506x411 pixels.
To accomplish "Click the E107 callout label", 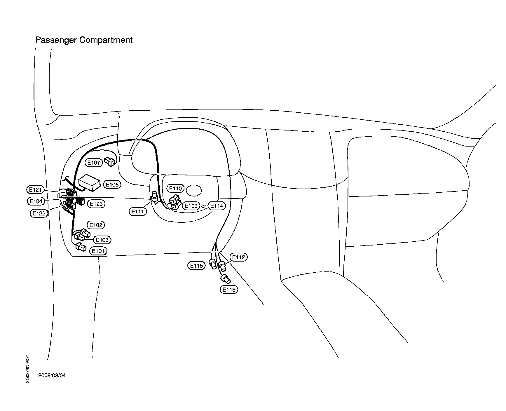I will click(94, 163).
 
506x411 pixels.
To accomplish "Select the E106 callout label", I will click(112, 184).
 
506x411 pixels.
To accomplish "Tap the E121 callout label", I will click(36, 190).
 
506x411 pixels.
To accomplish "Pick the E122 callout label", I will click(39, 213).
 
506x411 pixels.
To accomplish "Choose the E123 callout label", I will click(96, 203).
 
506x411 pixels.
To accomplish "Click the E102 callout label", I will click(96, 225).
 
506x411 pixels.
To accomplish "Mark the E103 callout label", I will click(102, 240).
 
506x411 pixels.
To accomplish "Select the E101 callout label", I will click(98, 251).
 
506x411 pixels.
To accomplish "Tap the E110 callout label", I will click(175, 188).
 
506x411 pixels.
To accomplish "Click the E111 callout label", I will click(138, 211).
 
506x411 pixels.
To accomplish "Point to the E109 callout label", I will click(191, 206).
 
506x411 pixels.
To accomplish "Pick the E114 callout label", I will click(217, 206).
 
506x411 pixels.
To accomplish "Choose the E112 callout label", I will click(238, 257).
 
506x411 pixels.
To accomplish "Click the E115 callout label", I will click(196, 266).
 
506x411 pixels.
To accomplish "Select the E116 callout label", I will click(229, 290).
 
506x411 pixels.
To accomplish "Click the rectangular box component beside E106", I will click(90, 183).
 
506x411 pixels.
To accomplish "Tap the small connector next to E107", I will click(110, 161).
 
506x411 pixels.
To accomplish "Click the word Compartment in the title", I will click(106, 40).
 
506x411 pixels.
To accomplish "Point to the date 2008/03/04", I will click(52, 375).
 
